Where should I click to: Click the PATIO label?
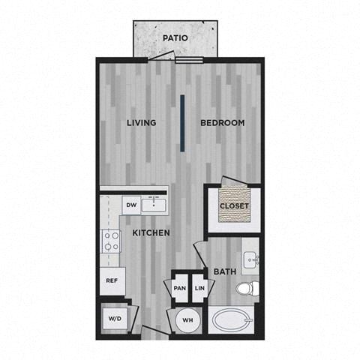[x=175, y=38]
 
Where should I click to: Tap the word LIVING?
[x=142, y=123]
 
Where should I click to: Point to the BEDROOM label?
[x=223, y=123]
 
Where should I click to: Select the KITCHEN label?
[x=151, y=232]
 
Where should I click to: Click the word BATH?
[x=225, y=271]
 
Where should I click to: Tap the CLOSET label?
[x=234, y=206]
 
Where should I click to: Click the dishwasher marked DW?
[x=131, y=205]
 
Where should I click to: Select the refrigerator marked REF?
[x=112, y=281]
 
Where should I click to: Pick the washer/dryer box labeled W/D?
[x=115, y=319]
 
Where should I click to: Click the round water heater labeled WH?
[x=187, y=320]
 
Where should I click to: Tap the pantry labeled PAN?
[x=180, y=288]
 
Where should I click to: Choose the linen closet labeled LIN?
[x=199, y=288]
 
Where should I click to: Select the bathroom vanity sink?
[x=251, y=260]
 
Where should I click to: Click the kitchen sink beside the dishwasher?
[x=154, y=205]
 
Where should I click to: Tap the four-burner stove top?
[x=111, y=241]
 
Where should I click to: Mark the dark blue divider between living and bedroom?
[x=182, y=123]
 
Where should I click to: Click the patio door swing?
[x=161, y=55]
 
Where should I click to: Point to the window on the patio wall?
[x=189, y=60]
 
